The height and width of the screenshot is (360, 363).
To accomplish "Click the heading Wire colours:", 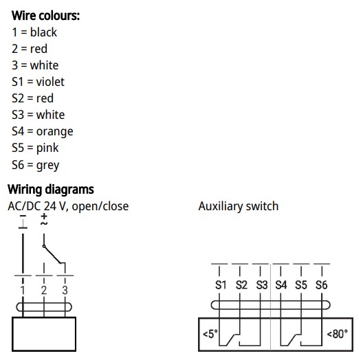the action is coord(45,16).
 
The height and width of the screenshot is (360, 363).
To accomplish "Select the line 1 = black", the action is coord(34,32).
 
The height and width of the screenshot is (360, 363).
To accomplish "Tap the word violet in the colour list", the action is coord(50,82).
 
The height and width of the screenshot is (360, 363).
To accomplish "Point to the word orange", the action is coord(54,132).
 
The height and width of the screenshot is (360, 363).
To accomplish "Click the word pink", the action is coord(47,148).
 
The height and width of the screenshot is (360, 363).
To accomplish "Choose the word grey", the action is coord(47,165).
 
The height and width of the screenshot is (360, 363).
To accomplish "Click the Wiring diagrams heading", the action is coord(51,190).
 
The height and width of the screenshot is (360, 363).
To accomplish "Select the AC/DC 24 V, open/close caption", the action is coord(68,206).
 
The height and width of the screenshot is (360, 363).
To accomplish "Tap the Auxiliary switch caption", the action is coord(238,206).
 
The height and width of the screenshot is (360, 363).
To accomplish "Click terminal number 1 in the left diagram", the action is coord(23,290).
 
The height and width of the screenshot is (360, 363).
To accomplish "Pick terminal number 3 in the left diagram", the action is coord(65,290).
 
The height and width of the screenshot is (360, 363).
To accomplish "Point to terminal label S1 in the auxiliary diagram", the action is coord(221,285).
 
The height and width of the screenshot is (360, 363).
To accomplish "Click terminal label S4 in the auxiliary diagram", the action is coord(280,285).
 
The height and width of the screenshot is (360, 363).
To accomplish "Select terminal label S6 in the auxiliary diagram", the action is coord(321,285).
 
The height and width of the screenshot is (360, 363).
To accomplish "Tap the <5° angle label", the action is coord(210,334).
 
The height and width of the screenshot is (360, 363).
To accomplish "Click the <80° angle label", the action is coord(337,334).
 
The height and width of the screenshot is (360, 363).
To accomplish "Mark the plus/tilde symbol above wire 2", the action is coord(44,220).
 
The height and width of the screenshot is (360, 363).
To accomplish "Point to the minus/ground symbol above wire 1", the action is coord(23,222).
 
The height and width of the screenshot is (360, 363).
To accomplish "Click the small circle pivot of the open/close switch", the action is coord(44,247).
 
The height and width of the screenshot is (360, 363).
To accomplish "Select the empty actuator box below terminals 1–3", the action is coord(44,334).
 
